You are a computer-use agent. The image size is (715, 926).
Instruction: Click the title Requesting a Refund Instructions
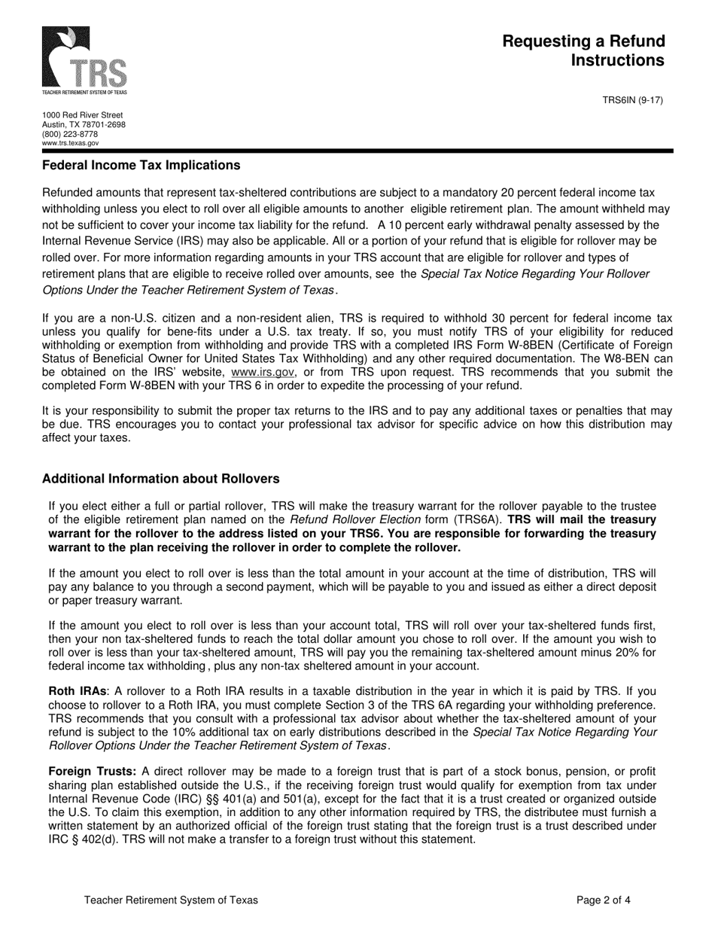point(583,50)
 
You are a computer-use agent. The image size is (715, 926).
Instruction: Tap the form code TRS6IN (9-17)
point(633,99)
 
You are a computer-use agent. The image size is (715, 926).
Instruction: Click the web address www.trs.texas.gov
point(70,143)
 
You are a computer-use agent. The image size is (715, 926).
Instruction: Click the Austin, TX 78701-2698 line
point(84,125)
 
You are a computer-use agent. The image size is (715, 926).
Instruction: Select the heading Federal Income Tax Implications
point(141,166)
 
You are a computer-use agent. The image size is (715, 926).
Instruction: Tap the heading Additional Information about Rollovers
point(160,479)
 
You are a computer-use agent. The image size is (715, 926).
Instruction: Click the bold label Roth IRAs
point(78,690)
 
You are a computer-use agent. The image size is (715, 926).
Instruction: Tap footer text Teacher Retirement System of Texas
point(171,900)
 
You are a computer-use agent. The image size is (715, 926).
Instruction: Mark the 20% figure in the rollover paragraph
point(628,652)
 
